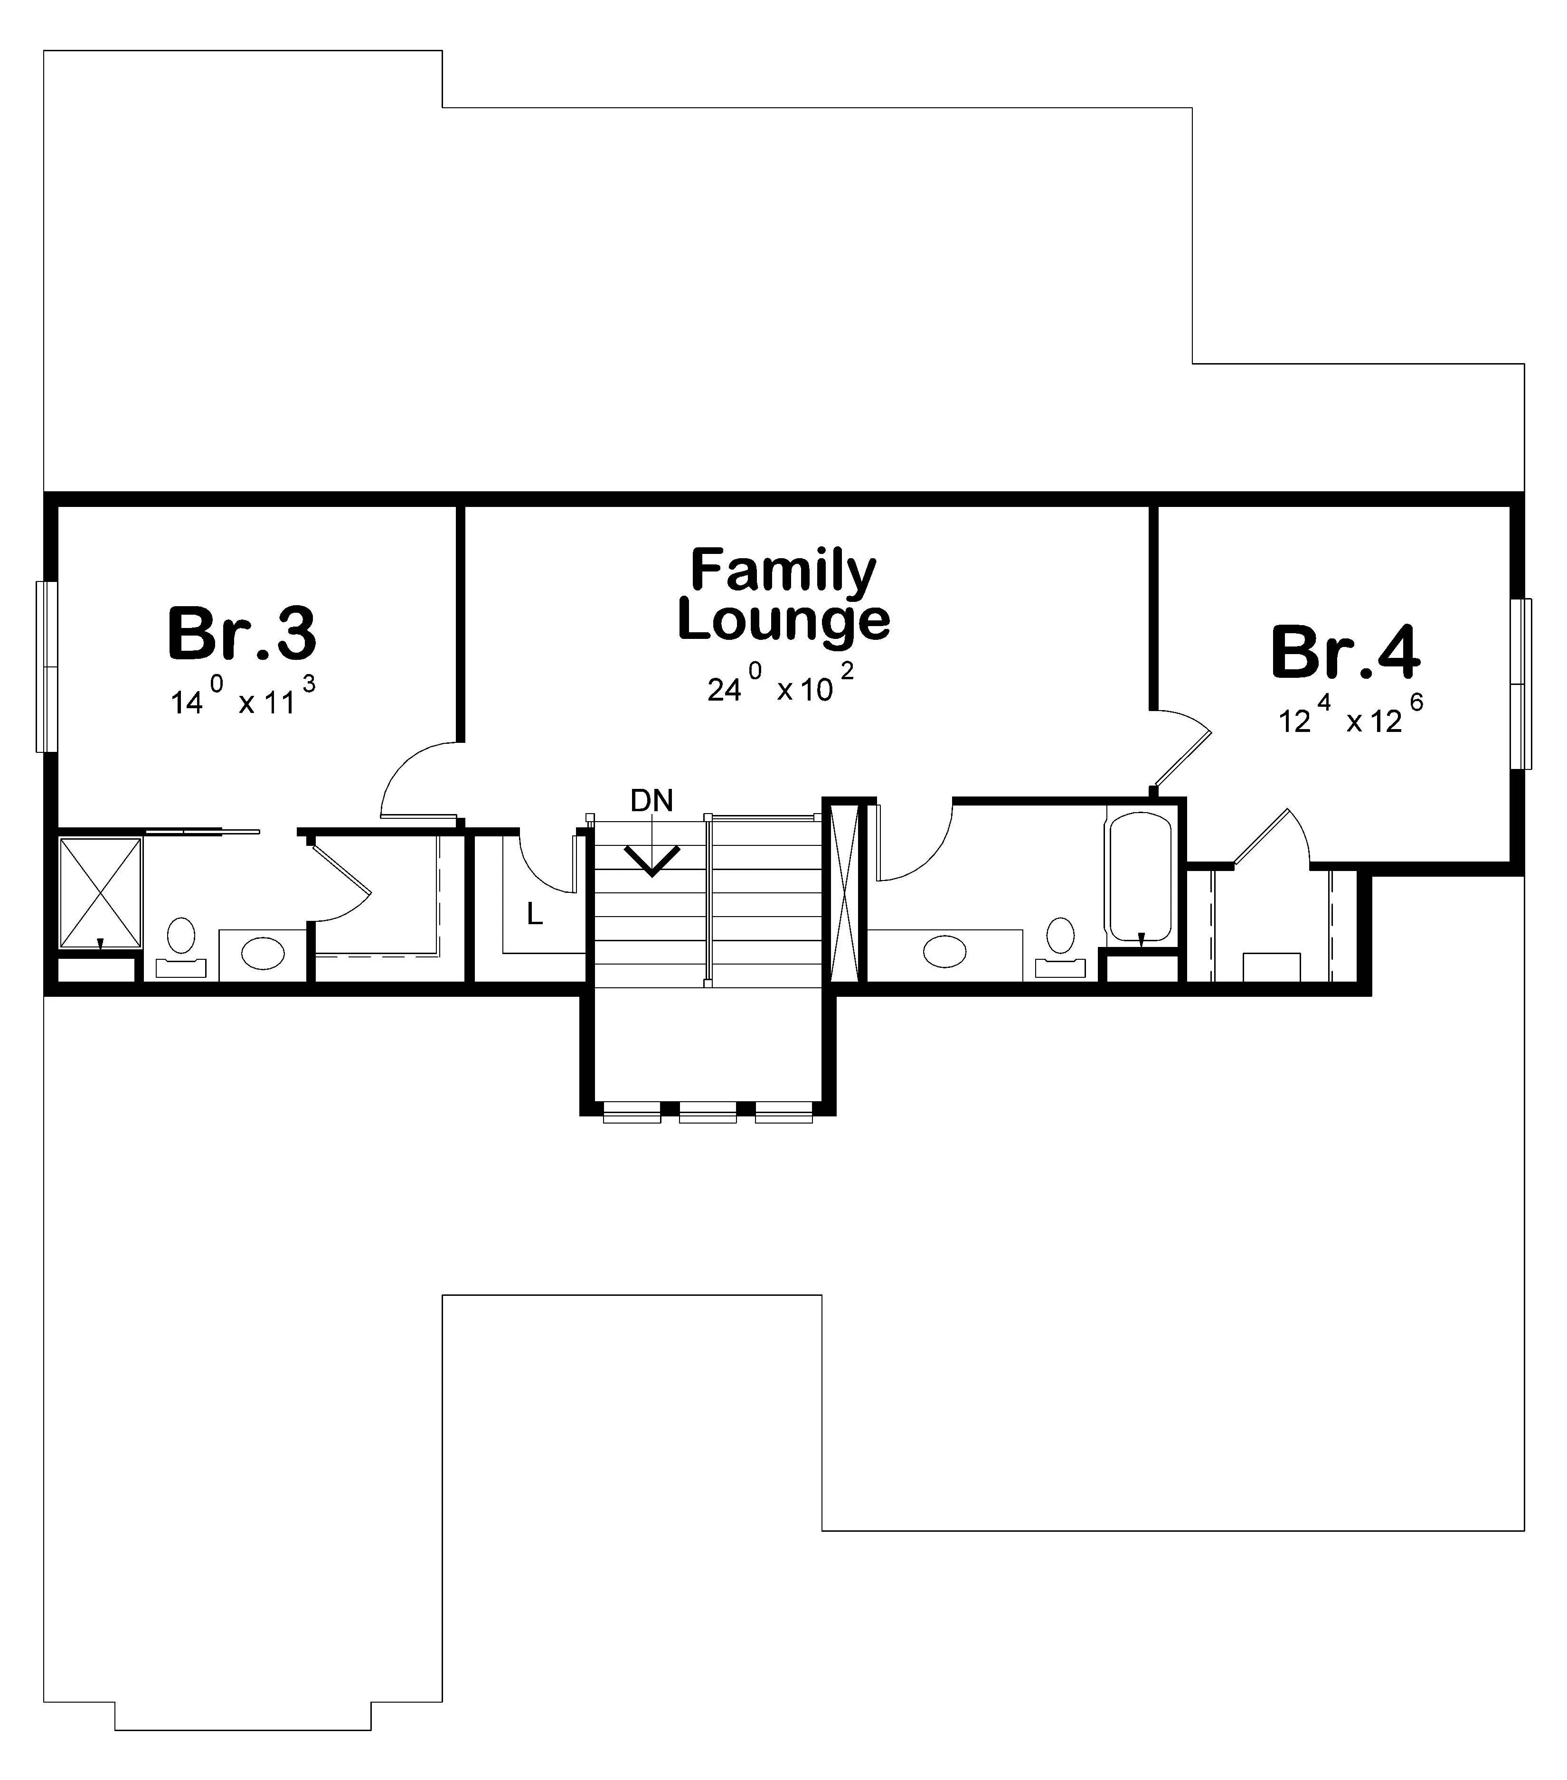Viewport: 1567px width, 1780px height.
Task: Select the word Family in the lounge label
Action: click(783, 571)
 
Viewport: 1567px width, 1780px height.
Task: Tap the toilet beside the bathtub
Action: click(1060, 946)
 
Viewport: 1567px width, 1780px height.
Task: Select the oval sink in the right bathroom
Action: click(944, 950)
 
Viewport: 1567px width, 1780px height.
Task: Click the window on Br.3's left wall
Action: click(46, 666)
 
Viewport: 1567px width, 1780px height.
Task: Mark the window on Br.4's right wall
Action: click(1521, 684)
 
